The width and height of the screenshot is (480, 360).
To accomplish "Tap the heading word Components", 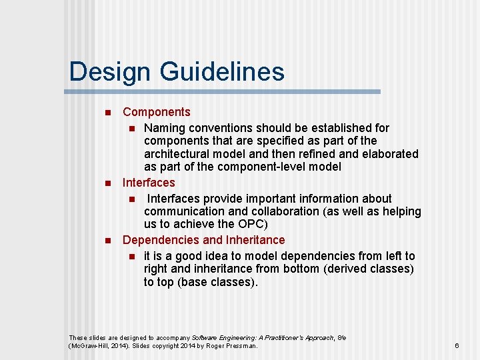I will [157, 112].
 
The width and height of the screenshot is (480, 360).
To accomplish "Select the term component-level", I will [263, 167].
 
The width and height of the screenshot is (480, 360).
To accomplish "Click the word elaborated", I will [390, 154].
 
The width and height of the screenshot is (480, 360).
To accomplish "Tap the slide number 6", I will [457, 345].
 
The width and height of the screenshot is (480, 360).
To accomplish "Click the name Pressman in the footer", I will [239, 346].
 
